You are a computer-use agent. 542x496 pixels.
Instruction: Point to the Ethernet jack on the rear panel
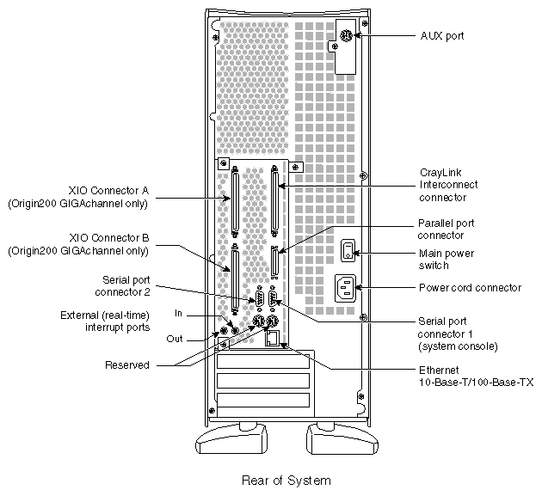point(273,341)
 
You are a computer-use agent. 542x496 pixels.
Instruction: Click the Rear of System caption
point(274,481)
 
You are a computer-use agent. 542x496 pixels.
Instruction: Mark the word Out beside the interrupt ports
point(174,339)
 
